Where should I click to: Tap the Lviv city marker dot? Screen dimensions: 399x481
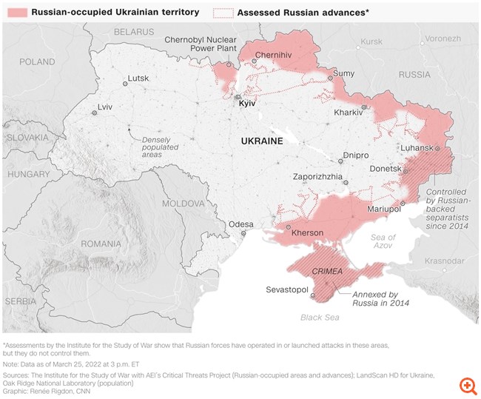click(94, 113)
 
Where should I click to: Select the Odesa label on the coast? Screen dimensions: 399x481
click(241, 224)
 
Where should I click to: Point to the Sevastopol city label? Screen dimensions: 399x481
click(286, 289)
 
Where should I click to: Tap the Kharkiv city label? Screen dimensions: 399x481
click(349, 112)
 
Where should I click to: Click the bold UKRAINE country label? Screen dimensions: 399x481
click(262, 141)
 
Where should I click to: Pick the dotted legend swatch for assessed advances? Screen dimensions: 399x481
click(222, 13)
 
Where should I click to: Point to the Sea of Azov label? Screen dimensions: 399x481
click(383, 241)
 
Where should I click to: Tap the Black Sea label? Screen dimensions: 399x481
click(320, 317)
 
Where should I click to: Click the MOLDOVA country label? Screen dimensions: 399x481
click(184, 202)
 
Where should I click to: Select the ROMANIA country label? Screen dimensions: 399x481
click(101, 244)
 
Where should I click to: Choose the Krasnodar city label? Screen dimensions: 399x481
click(445, 261)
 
